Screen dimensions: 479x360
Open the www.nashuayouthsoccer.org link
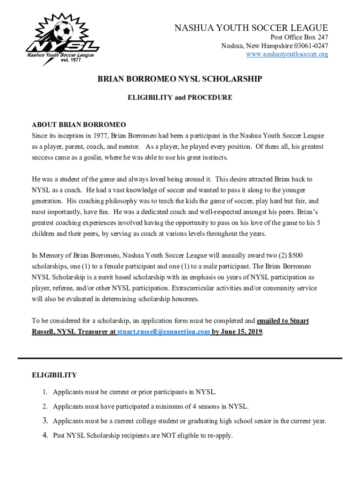coord(287,54)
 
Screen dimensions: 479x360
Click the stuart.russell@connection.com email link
coord(163,332)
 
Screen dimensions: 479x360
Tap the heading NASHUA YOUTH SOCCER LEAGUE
coord(251,28)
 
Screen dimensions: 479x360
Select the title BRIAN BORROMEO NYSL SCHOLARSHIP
coord(180,80)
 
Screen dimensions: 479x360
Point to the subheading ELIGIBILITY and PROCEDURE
coord(180,98)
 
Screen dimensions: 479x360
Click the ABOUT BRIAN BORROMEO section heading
coord(79,125)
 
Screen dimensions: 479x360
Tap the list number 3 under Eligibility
coord(46,421)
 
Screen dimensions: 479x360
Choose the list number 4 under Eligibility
coord(46,435)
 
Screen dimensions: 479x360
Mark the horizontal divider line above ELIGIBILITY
coord(180,358)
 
